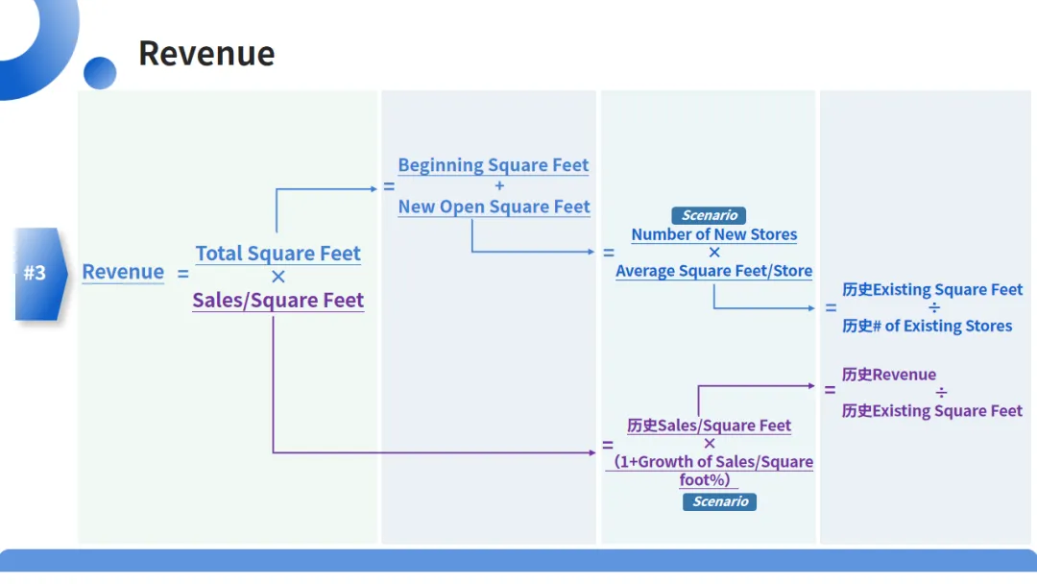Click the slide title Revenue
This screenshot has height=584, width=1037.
(206, 54)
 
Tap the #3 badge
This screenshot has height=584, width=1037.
(36, 273)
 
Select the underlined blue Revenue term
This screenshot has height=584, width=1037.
(123, 272)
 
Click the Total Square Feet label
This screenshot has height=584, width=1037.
(278, 254)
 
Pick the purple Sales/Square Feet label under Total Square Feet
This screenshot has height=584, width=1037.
(278, 301)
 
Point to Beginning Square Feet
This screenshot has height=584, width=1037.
(494, 165)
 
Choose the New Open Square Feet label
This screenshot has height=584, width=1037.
(494, 207)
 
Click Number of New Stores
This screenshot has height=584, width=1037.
(714, 234)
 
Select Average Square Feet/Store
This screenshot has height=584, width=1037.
(714, 271)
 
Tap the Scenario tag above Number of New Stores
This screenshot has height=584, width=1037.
(709, 216)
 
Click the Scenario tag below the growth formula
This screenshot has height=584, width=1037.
(720, 501)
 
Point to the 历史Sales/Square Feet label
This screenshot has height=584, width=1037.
(710, 426)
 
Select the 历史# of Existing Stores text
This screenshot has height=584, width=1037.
(928, 326)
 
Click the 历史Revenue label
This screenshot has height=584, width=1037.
(889, 375)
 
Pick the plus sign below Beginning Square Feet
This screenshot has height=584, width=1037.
(499, 186)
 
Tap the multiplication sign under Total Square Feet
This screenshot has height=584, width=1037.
(278, 278)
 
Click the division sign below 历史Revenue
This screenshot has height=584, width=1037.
(941, 393)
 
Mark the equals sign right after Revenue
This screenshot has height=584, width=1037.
(183, 274)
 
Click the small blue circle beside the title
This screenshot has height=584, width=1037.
(100, 73)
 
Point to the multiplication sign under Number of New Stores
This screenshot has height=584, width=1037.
(714, 253)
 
